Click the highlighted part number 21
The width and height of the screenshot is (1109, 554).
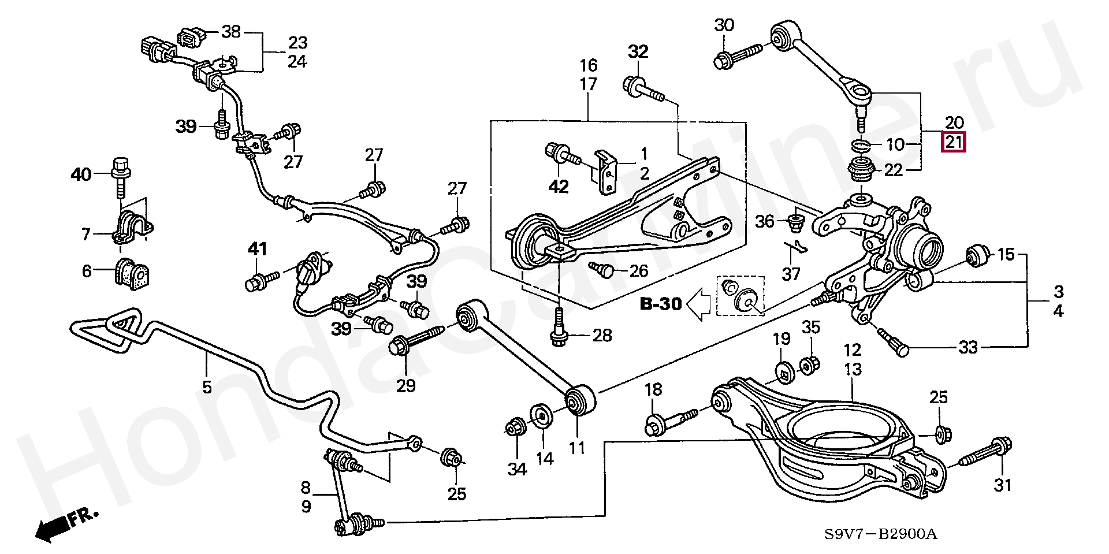coord(954,142)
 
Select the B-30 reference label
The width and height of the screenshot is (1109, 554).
coord(661,304)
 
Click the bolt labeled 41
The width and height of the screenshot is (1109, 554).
coord(262,281)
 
